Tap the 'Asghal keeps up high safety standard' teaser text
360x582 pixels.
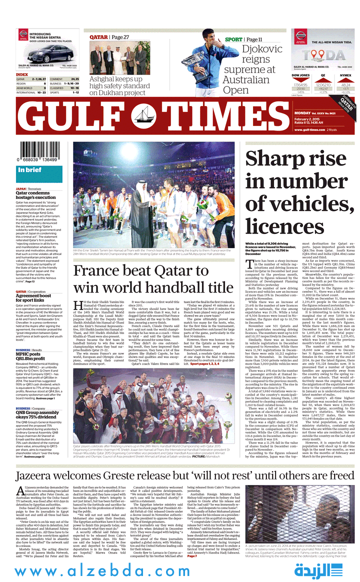[x=119, y=86]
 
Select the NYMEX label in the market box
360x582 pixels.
[x=345, y=75]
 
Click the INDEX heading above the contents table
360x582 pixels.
[x=22, y=74]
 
